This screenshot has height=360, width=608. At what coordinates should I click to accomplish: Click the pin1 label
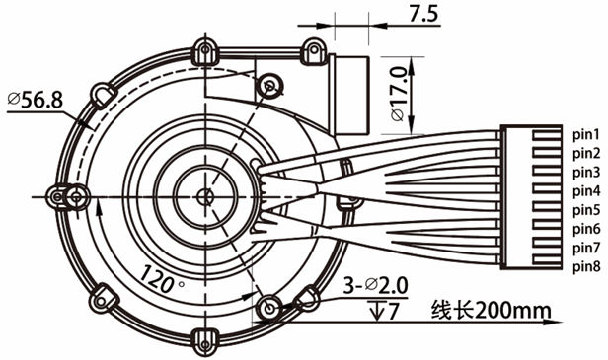pos(586,134)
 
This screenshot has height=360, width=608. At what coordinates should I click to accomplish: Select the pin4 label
pos(586,191)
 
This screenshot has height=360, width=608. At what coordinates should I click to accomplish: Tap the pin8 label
pos(586,266)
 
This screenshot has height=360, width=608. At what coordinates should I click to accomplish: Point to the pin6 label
pos(586,229)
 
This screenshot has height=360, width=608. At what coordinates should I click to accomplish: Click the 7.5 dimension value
pos(423,14)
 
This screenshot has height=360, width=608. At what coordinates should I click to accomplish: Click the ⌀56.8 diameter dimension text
pos(35,100)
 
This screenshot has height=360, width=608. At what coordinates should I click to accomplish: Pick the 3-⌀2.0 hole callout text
pos(375,286)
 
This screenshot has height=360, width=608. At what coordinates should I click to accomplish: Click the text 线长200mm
pos(491,310)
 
